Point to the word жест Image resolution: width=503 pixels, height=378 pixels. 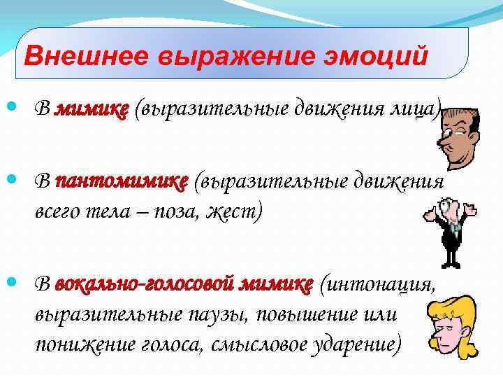[x=234, y=210]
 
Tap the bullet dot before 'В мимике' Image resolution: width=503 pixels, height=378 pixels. [x=17, y=109]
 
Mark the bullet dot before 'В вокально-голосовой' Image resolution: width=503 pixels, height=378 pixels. [x=17, y=283]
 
